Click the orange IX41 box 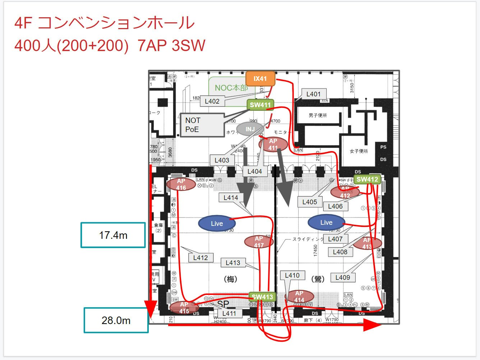(x=260, y=79)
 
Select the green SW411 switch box (x=260, y=105)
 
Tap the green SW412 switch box (x=367, y=179)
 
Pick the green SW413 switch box (x=262, y=297)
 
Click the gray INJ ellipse (x=250, y=129)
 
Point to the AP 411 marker (x=273, y=145)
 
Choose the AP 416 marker (x=181, y=184)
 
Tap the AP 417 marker (x=259, y=242)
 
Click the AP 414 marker (x=299, y=296)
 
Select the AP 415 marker (x=184, y=308)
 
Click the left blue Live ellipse (x=217, y=223)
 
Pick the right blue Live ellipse (x=326, y=223)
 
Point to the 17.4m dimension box (x=113, y=235)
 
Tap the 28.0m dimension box (x=116, y=320)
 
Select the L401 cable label (x=313, y=94)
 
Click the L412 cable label (x=200, y=258)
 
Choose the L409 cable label (x=342, y=277)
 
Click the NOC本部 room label (x=231, y=88)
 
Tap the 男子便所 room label (x=318, y=115)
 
